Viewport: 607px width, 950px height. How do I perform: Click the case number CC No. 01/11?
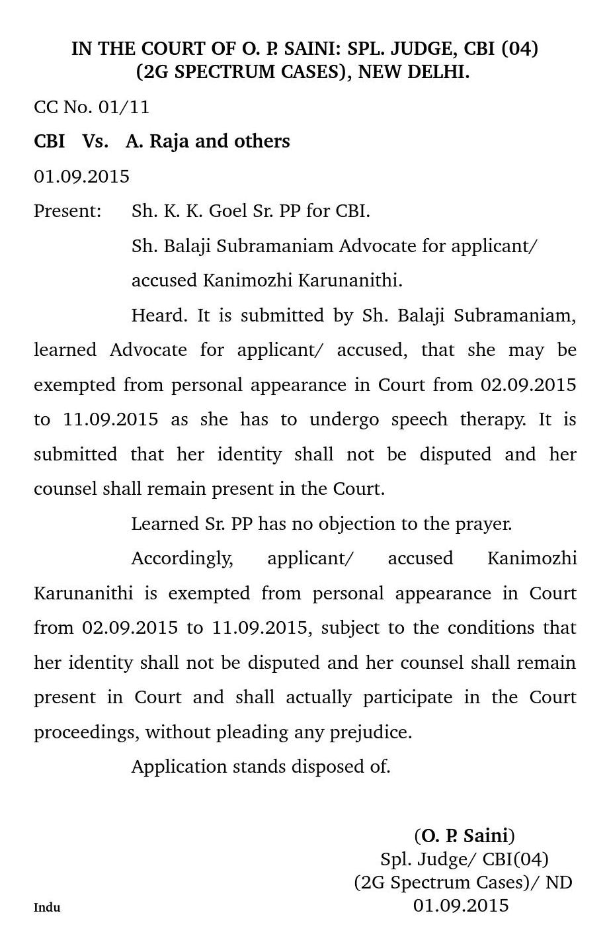point(91,107)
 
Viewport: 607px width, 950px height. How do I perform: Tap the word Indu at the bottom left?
point(47,907)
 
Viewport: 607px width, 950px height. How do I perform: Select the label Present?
point(67,211)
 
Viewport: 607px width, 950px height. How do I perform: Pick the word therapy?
point(491,419)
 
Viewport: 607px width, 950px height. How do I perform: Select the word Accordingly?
point(182,558)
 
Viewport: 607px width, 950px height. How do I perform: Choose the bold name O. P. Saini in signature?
point(464,836)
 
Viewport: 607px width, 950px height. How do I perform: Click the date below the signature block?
point(461,905)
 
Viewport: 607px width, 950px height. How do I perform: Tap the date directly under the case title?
point(81,177)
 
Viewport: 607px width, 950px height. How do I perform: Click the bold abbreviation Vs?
point(95,142)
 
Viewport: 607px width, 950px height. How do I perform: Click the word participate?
point(407,697)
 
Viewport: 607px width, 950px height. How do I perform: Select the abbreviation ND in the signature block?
point(559,883)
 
